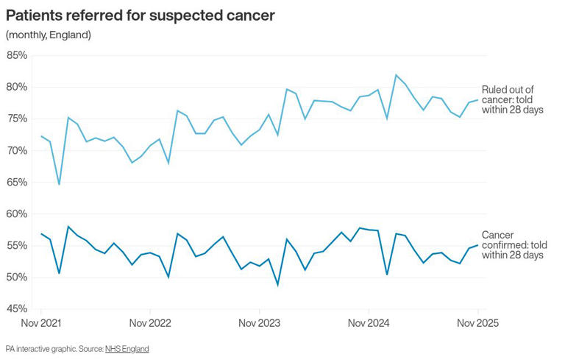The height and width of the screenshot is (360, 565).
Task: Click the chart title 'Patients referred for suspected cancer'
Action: point(141,15)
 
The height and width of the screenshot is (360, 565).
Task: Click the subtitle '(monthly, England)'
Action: point(49,35)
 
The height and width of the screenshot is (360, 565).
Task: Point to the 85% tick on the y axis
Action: point(17,55)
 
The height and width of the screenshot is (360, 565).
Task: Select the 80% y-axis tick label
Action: point(17,87)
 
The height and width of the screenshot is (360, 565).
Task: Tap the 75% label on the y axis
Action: point(17,119)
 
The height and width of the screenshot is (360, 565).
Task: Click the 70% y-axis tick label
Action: point(17,150)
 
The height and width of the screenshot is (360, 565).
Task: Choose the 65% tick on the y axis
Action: point(17,182)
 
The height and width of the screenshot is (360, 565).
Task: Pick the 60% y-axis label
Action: point(17,213)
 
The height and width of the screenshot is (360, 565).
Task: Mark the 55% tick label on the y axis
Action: point(17,245)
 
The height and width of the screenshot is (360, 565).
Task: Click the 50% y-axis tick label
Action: point(17,277)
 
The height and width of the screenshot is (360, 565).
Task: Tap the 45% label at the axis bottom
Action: point(17,308)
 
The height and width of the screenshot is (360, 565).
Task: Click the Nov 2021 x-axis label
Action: point(41,323)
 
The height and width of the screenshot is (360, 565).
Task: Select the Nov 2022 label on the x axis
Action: point(150,323)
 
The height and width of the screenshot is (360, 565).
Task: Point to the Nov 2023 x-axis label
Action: point(259,323)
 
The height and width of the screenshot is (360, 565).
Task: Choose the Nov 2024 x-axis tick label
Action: point(368,323)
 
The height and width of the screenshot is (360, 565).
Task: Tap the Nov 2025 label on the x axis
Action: point(477,323)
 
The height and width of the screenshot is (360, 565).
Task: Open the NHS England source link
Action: point(127,348)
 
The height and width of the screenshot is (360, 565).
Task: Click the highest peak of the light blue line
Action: point(396,75)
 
